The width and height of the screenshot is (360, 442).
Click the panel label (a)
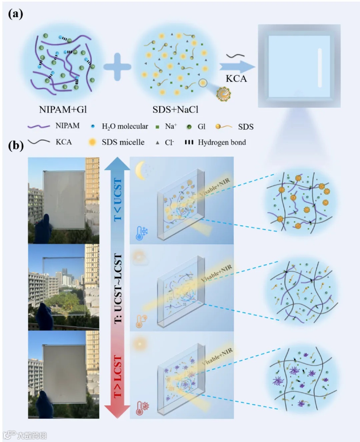pyautogui.click(x=15, y=14)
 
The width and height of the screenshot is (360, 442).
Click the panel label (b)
pyautogui.click(x=15, y=145)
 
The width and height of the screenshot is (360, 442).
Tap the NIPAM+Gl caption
pyautogui.click(x=63, y=109)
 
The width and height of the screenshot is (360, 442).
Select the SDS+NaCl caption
pyautogui.click(x=175, y=109)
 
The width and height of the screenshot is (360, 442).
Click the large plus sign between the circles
pyautogui.click(x=117, y=67)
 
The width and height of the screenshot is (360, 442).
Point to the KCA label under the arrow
pyautogui.click(x=236, y=79)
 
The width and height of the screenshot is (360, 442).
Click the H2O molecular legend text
pyautogui.click(x=125, y=126)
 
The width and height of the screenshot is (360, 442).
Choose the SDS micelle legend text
pyautogui.click(x=123, y=142)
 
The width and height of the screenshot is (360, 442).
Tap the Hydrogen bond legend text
pyautogui.click(x=222, y=142)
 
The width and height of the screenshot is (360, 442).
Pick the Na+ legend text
pyautogui.click(x=171, y=126)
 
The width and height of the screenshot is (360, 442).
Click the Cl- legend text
pyautogui.click(x=169, y=143)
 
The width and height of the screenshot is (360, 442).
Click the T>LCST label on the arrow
pyautogui.click(x=118, y=377)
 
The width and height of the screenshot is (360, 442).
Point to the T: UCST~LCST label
pyautogui.click(x=118, y=288)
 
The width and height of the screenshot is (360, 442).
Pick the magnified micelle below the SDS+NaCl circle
pyautogui.click(x=223, y=94)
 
